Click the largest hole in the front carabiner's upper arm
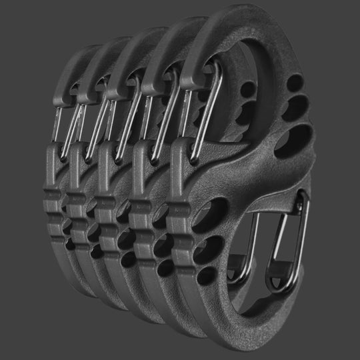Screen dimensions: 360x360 tap(293, 141)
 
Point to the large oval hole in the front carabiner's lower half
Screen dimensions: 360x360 tap(212, 211)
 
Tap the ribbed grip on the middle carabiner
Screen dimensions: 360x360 tap(109, 213)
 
